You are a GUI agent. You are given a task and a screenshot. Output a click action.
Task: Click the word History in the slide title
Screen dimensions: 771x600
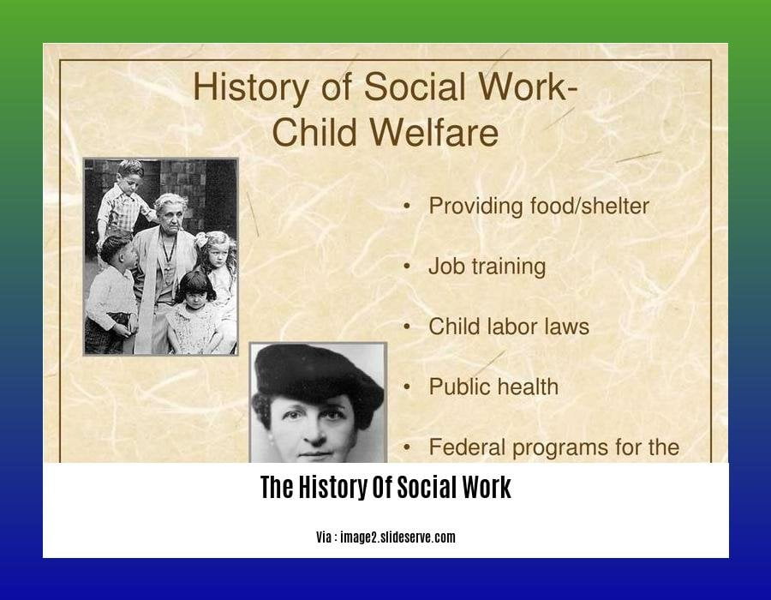(250, 87)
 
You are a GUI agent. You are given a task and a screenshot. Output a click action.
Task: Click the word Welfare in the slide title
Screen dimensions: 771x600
(434, 132)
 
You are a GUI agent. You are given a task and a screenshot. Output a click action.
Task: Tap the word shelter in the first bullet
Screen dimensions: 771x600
(614, 206)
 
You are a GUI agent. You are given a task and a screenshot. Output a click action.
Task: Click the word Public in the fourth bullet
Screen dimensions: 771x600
(461, 387)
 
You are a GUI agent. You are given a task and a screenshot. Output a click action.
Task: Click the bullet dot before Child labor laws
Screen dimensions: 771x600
(407, 327)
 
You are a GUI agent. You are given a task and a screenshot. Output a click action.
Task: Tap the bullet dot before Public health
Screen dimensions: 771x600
(407, 387)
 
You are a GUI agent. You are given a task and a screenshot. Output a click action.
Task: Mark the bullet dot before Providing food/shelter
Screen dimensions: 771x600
(407, 207)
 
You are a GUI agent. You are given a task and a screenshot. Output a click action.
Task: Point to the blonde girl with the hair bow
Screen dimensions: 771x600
(218, 268)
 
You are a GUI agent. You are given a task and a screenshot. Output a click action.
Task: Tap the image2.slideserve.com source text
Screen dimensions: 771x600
(397, 537)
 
